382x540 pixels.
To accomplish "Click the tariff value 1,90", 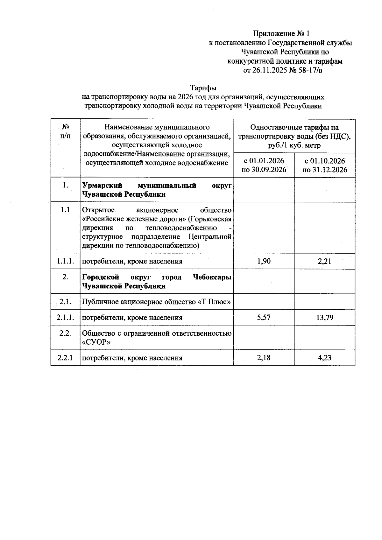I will pyautogui.click(x=264, y=261).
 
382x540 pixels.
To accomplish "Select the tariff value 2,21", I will pyautogui.click(x=324, y=261).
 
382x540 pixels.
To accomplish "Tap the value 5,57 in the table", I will pyautogui.click(x=264, y=317).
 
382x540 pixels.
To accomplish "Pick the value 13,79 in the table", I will pyautogui.click(x=324, y=317).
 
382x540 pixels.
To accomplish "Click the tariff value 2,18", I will pyautogui.click(x=264, y=358).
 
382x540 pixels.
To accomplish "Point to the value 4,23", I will pyautogui.click(x=324, y=358).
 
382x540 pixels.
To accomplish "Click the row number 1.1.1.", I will pyautogui.click(x=66, y=261).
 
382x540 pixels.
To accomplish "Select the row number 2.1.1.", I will pyautogui.click(x=66, y=317).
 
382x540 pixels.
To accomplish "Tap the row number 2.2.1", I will pyautogui.click(x=65, y=358).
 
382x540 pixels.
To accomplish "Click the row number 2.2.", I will pyautogui.click(x=65, y=333).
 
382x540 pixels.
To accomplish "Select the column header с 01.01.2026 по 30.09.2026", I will pyautogui.click(x=264, y=165).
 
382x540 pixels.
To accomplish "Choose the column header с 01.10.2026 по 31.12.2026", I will pyautogui.click(x=324, y=165).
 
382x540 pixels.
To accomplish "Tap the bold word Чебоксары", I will pyautogui.click(x=212, y=277).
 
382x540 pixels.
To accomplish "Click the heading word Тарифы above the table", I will pyautogui.click(x=203, y=88).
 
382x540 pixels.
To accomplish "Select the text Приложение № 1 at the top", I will pyautogui.click(x=281, y=33).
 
